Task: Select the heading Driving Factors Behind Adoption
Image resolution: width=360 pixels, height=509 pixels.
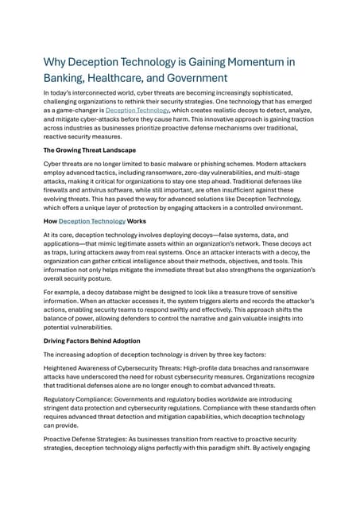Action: [x=91, y=340]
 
